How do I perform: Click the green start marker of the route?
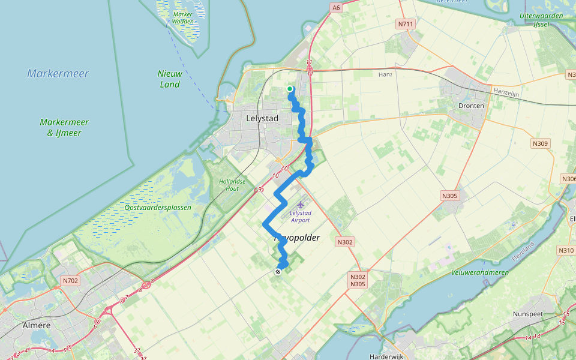click(290, 89)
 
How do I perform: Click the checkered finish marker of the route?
click(278, 272)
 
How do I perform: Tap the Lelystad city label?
click(262, 119)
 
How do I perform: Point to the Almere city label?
click(36, 325)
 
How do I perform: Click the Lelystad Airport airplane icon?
click(300, 206)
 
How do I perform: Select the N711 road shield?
click(405, 25)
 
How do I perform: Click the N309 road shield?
click(540, 144)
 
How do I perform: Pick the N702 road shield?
click(70, 280)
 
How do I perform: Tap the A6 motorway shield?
click(336, 8)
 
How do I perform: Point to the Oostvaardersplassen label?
click(158, 208)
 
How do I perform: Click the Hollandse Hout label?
click(229, 184)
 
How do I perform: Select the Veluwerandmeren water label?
click(480, 272)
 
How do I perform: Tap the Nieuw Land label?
click(170, 79)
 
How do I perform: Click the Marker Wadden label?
click(183, 17)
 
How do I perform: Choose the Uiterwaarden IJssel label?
click(541, 20)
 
